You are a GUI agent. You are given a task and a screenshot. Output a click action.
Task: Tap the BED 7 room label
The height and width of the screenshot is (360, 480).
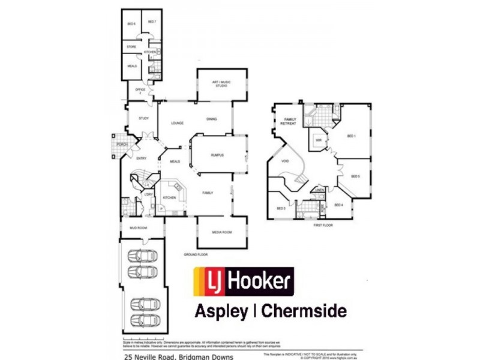[152, 22]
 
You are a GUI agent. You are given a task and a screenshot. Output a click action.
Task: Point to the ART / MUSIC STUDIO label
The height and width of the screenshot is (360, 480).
[221, 83]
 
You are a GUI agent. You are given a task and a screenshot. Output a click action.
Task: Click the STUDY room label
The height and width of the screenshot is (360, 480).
[143, 119]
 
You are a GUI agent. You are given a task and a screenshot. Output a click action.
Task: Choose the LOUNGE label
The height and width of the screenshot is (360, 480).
[177, 123]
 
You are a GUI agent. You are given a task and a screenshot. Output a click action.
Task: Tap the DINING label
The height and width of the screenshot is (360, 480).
[211, 119]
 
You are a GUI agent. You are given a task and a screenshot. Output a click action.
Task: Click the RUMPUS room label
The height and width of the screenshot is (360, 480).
[217, 155]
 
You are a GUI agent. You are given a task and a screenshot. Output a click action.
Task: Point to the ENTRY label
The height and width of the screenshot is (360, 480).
[142, 158]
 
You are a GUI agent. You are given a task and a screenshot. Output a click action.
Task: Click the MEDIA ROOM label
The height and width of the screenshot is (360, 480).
[221, 232]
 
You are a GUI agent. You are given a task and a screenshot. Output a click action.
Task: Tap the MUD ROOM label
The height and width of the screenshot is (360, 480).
[138, 228]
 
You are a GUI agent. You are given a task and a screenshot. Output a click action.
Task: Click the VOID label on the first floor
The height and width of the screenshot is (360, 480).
[285, 161]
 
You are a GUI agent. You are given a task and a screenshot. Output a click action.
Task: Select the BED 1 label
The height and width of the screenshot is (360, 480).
[352, 136]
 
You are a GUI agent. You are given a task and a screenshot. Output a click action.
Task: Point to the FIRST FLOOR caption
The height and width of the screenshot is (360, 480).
[323, 225]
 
